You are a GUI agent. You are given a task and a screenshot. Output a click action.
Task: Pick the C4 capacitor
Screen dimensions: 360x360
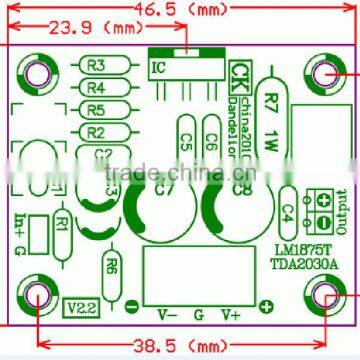click(287, 210)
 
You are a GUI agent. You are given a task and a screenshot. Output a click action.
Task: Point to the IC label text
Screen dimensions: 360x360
click(158, 69)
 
